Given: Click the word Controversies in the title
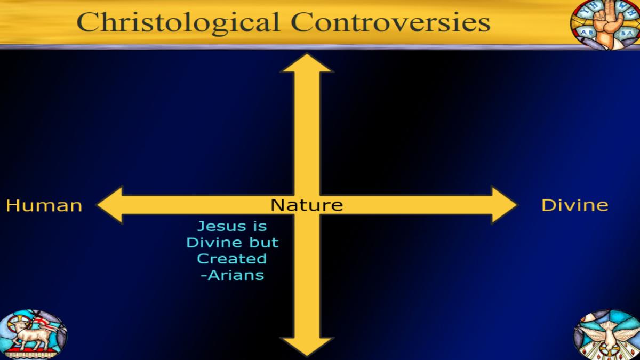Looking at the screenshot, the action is point(390,22).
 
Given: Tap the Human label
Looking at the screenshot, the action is point(44,205).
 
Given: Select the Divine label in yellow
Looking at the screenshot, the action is point(575,205).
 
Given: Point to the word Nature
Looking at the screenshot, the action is point(307,205).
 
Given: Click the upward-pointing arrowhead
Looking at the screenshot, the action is point(307,62).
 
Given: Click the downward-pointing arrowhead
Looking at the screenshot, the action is point(307,347).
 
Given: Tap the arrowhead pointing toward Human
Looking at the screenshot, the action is point(110,205).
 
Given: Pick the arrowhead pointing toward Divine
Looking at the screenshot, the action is point(504,205).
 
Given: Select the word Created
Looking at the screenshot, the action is point(231,259).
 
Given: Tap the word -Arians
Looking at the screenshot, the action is point(233,275).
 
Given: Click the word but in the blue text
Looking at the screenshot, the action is point(263,243).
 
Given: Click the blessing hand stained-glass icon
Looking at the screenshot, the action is point(605,24).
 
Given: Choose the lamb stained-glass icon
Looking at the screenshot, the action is point(33,334).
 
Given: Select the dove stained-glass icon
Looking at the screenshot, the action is point(607,334).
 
